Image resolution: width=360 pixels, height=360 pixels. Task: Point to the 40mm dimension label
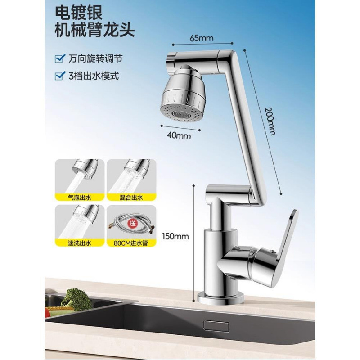pyautogui.click(x=178, y=134)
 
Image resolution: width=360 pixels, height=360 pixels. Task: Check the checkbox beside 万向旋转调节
pyautogui.click(x=58, y=58)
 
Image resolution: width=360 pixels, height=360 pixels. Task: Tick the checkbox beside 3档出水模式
pyautogui.click(x=58, y=76)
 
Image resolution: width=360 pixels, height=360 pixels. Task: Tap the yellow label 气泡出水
pyautogui.click(x=79, y=197)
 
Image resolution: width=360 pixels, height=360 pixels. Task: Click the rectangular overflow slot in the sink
pyautogui.click(x=211, y=325)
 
